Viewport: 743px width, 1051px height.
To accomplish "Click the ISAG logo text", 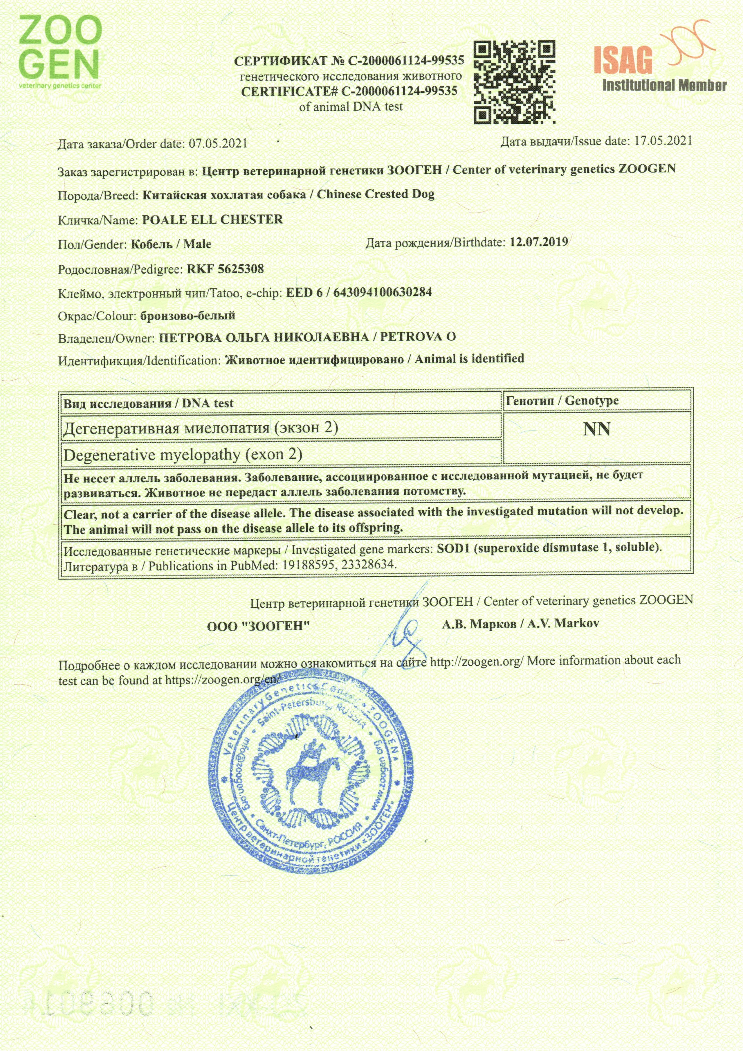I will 623,61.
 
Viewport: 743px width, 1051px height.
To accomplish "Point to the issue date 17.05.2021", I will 663,141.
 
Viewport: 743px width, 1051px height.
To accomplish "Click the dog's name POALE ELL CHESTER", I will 213,220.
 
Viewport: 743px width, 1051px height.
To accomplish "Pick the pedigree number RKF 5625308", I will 225,269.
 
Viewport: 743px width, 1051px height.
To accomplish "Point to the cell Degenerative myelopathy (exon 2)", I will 183,455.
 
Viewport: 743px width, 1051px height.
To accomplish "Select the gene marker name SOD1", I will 453,548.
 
